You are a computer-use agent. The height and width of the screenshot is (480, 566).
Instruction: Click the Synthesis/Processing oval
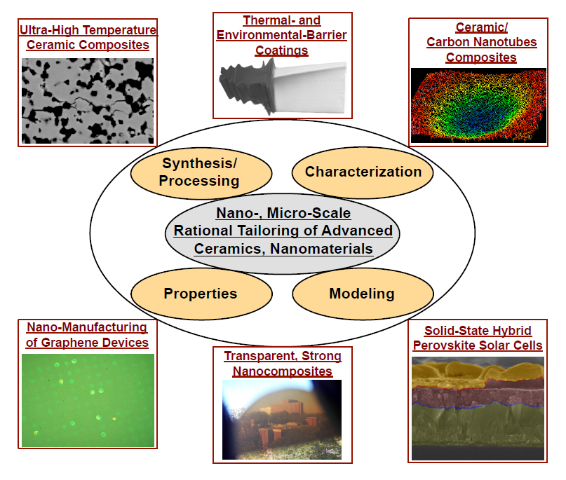point(201,173)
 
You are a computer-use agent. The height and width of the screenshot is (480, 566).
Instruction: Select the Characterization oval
point(363,172)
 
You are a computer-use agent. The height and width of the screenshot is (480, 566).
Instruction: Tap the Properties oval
point(201,294)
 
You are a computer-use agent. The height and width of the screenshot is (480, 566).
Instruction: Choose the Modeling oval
point(363,294)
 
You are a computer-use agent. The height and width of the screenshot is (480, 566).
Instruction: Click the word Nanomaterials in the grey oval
point(321,249)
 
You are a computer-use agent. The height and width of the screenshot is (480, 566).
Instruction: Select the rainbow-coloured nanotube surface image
point(478,105)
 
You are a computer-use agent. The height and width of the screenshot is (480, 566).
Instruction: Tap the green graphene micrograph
point(88,400)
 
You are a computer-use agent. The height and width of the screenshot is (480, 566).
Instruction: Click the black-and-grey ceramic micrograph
point(88,101)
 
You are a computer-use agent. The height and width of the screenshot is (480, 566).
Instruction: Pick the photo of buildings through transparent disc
point(282,420)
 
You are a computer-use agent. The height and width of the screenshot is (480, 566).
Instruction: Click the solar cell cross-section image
point(478,409)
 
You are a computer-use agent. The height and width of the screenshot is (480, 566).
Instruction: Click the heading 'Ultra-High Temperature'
point(88,30)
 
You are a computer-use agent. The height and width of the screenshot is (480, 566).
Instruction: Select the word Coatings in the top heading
point(282,50)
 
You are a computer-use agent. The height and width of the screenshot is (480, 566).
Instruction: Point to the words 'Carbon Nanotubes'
point(482,42)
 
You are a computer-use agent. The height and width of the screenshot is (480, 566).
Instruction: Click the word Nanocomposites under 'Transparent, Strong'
point(282,371)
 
